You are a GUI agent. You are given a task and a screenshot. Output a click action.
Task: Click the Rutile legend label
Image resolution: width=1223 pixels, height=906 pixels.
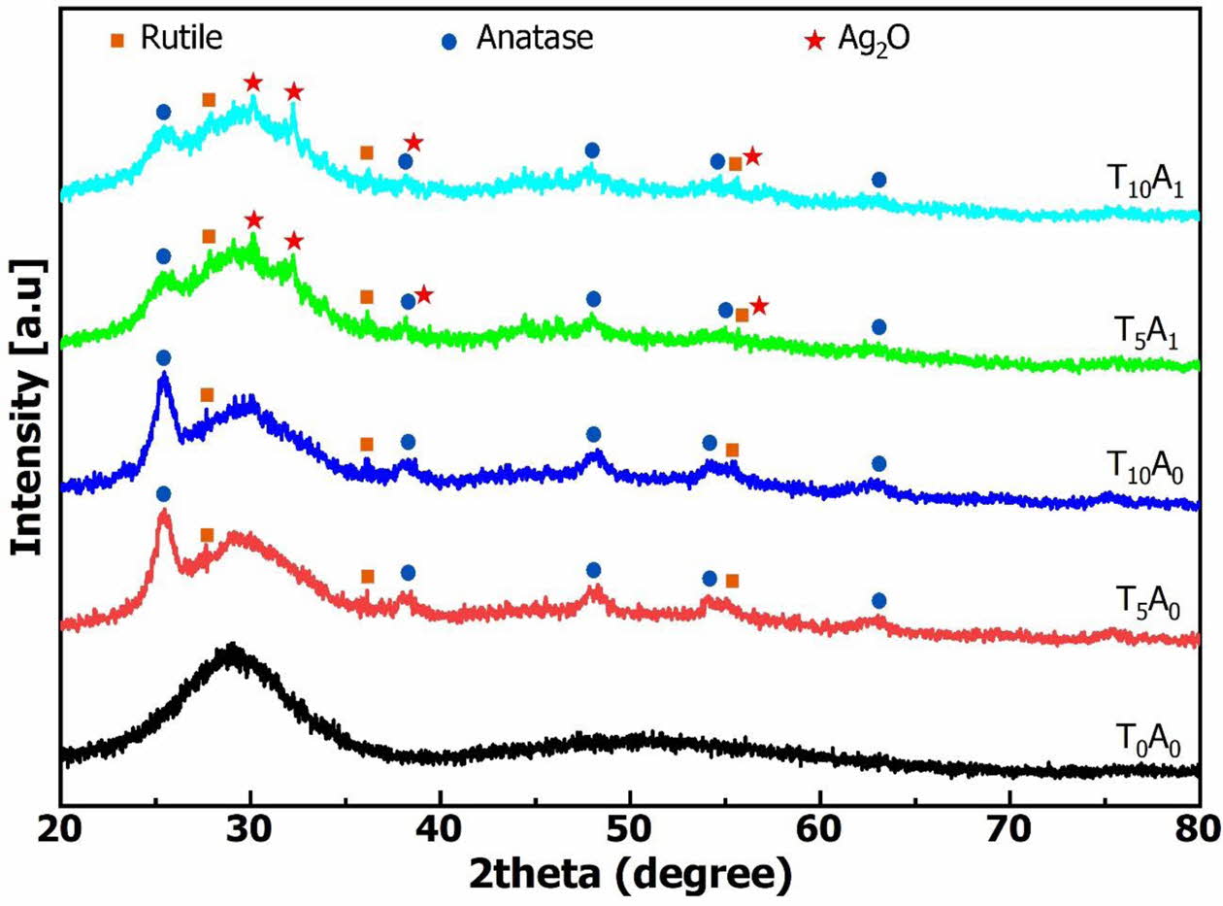pos(182,39)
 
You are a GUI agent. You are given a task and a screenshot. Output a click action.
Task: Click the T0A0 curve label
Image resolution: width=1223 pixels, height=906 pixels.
pos(1151,744)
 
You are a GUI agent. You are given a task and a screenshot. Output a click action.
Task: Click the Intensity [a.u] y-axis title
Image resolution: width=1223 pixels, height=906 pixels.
pos(29,406)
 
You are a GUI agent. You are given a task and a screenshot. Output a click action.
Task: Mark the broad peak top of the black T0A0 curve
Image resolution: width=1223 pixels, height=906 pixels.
pos(231,649)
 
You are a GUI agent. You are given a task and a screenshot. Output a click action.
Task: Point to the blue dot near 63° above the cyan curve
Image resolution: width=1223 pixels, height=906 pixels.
pos(878,180)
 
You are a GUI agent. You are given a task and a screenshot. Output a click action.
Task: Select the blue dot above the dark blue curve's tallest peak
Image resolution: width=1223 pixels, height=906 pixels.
pos(163,357)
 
